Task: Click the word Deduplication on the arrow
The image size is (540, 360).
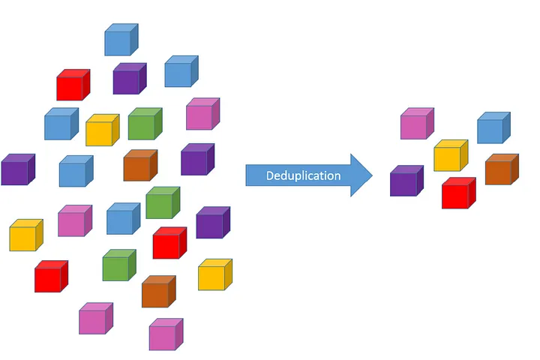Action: [303, 176]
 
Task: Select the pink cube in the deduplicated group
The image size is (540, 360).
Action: [416, 124]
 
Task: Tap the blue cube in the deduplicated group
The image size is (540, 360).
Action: [493, 128]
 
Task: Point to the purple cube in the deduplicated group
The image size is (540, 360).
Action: [406, 181]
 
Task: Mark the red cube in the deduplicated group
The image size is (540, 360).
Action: [457, 193]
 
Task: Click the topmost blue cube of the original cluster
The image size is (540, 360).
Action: [120, 40]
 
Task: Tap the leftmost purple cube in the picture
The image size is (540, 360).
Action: [17, 170]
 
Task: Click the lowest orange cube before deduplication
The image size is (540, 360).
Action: [157, 292]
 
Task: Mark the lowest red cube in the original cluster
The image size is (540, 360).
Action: [50, 277]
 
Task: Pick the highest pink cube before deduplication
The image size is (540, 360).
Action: [202, 115]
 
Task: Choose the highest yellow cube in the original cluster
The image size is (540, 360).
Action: [101, 130]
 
